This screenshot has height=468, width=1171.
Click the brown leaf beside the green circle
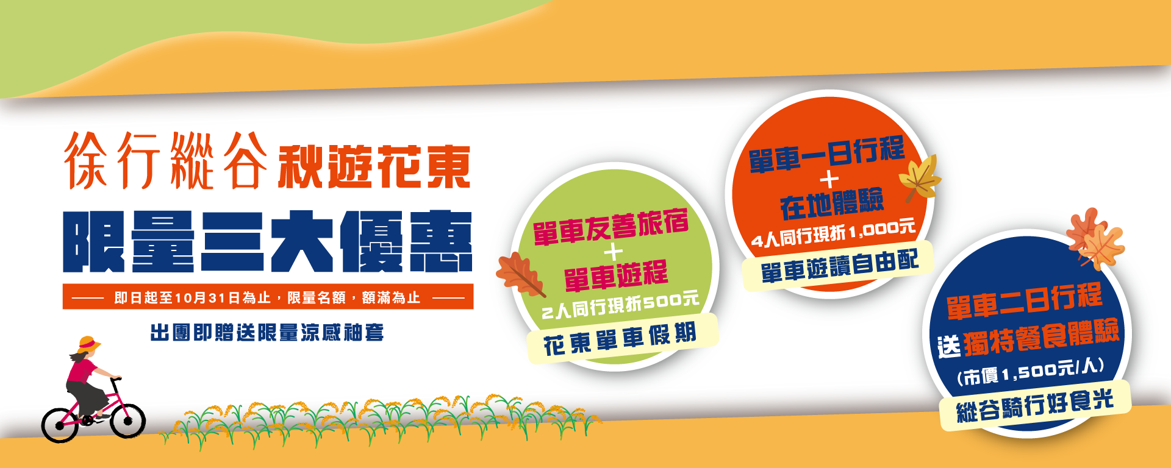(519, 276)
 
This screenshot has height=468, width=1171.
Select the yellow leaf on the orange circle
(920, 177)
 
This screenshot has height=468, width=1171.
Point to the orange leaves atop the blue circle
(1095, 239)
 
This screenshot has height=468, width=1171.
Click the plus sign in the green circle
(613, 252)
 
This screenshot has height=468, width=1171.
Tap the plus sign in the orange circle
(829, 180)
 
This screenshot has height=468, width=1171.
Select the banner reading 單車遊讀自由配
(839, 267)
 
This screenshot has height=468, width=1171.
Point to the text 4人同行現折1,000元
(833, 233)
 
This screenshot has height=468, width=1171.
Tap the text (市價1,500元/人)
(1030, 371)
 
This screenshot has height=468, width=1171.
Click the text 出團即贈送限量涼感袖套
(267, 333)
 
